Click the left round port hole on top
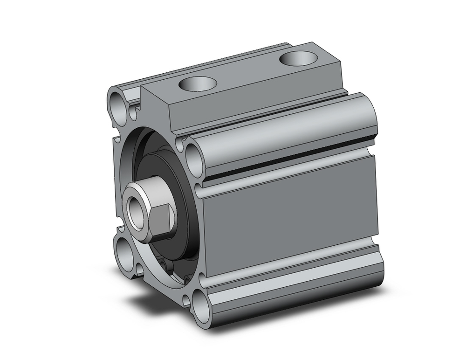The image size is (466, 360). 199,84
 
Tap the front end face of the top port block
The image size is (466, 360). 156,107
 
